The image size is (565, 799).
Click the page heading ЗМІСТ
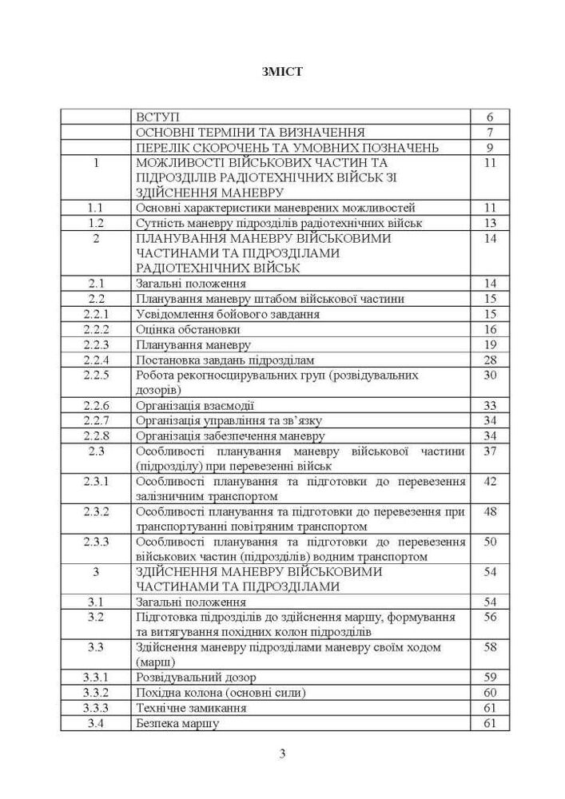(282, 72)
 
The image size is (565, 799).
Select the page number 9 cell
(490, 147)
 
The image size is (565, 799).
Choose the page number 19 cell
(490, 345)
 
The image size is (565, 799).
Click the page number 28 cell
(490, 360)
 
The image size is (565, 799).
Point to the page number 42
(490, 481)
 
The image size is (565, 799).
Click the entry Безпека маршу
(177, 723)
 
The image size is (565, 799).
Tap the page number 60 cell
(490, 693)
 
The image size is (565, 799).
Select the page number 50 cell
(490, 542)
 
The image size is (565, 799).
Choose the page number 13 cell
(490, 223)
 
